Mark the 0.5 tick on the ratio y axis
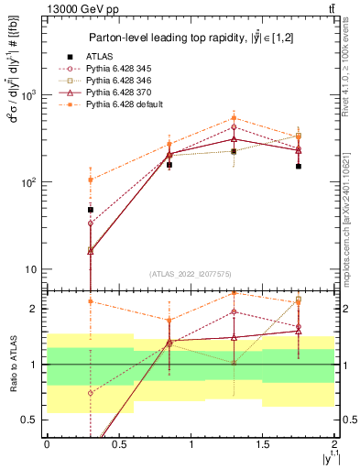click(32, 420)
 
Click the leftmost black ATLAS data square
click(90, 210)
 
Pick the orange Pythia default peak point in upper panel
click(234, 118)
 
